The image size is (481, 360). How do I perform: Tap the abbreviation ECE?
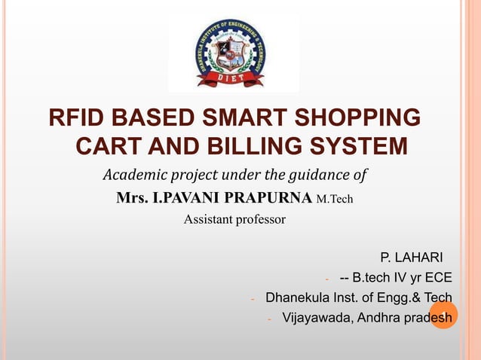tap(437, 278)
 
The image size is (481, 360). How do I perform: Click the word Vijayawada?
tap(316, 317)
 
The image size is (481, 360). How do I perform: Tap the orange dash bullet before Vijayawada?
tap(269, 319)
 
